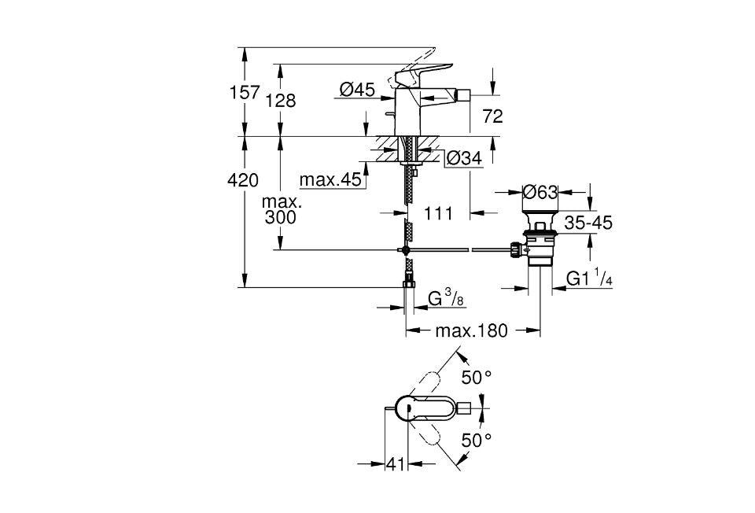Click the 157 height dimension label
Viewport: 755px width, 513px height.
(x=244, y=92)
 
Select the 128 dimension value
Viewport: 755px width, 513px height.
(x=280, y=101)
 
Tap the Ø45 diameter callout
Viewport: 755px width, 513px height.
(x=357, y=90)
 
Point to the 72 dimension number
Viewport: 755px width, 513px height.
(x=492, y=117)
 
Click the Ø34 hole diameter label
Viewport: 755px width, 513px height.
(x=463, y=159)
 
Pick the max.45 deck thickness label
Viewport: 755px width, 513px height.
(x=330, y=180)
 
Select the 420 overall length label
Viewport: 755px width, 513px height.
(x=243, y=180)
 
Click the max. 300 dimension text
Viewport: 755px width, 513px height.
(x=281, y=209)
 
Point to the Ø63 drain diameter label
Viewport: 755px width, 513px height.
(x=540, y=191)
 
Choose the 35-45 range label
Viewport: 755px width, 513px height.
(x=588, y=223)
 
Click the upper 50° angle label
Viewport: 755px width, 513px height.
(x=476, y=378)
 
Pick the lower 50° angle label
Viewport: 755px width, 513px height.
(x=476, y=440)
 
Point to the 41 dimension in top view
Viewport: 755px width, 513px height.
(x=394, y=465)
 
